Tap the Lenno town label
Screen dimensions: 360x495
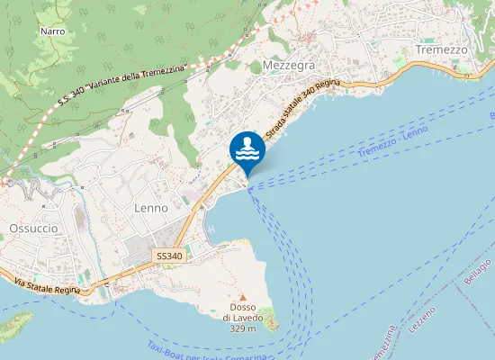(x=150, y=208)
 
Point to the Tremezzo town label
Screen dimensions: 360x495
(x=442, y=49)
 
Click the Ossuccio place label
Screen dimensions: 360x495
(x=33, y=229)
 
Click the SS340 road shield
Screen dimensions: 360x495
(x=168, y=256)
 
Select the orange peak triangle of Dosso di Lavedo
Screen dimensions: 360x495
(x=242, y=297)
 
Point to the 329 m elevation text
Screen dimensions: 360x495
(x=242, y=328)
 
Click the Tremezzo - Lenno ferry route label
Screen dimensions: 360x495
(x=392, y=143)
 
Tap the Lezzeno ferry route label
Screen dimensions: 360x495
(x=422, y=320)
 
